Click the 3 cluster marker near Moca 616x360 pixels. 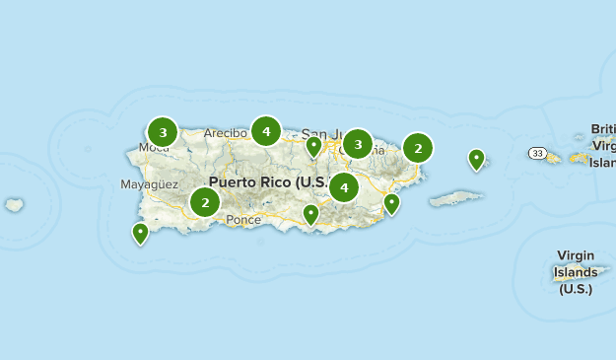click(163, 131)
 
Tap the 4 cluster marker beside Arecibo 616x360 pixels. click(266, 130)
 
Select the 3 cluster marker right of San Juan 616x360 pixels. click(358, 144)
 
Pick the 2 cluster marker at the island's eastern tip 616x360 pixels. click(418, 149)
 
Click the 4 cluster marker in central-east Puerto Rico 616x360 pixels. click(344, 186)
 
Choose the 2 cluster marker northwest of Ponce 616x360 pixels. click(205, 203)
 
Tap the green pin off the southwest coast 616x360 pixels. click(140, 233)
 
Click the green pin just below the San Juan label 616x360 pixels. click(313, 147)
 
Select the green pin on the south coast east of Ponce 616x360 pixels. click(311, 214)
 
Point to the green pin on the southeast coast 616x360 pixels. click(391, 203)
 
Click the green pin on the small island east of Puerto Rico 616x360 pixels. click(476, 158)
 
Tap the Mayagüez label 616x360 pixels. click(149, 184)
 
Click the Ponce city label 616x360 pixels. click(243, 220)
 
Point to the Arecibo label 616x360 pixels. click(226, 133)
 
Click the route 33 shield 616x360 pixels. click(536, 153)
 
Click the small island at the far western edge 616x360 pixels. click(14, 205)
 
